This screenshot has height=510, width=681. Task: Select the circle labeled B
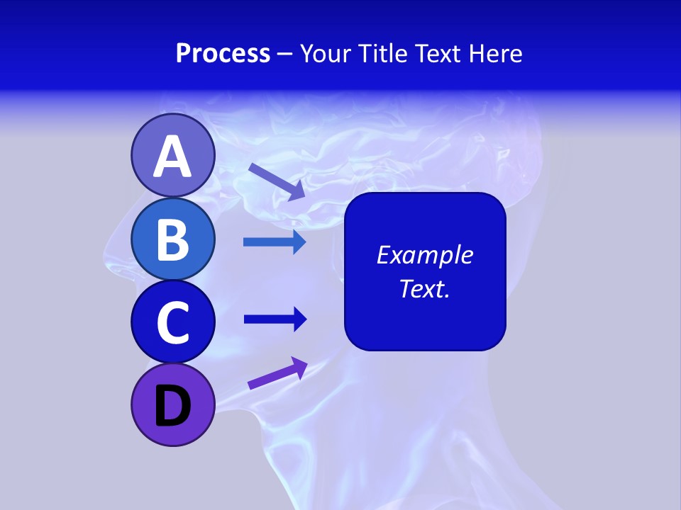coord(172,239)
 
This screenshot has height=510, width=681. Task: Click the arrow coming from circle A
coord(277,181)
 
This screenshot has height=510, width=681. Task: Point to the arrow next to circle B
coord(275,242)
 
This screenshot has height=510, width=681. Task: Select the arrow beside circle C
coord(275,319)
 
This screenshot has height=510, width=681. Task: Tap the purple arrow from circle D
coord(277,373)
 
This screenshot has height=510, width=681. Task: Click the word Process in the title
coord(223,53)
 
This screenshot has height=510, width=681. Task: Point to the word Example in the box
coord(424,255)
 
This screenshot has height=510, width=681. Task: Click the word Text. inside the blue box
coord(424,288)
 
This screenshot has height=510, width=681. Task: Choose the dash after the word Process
coord(285,54)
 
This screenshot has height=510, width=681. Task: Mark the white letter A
coord(172,157)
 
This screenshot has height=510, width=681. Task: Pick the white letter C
coord(172,322)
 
